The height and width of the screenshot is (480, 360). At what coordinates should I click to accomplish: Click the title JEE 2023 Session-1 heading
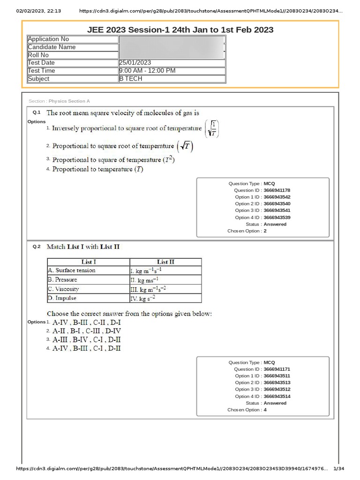coord(180,30)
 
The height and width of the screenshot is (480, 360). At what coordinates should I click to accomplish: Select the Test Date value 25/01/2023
coord(135,63)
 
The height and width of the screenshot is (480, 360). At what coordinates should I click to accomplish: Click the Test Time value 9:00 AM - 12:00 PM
coord(147,71)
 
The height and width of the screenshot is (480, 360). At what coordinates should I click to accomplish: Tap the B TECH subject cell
coord(131,79)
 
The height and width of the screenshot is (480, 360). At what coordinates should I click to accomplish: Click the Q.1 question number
coord(37,112)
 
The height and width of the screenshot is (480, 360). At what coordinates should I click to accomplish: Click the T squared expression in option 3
coord(169,160)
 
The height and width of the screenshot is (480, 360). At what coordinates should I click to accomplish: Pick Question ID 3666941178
coord(277,190)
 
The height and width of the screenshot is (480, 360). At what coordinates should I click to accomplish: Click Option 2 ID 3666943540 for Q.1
coord(277,204)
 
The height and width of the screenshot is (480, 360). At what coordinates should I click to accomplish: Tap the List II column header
coord(165,262)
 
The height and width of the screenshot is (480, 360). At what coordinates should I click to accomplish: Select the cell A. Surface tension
coord(71,270)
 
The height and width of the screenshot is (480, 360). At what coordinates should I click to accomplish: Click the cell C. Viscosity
coord(64,289)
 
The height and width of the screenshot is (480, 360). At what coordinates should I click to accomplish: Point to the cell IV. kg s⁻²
coord(142,298)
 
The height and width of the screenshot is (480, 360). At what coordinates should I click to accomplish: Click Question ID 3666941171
coord(277,369)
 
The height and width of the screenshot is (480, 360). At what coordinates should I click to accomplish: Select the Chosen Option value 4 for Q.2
coord(265,410)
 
